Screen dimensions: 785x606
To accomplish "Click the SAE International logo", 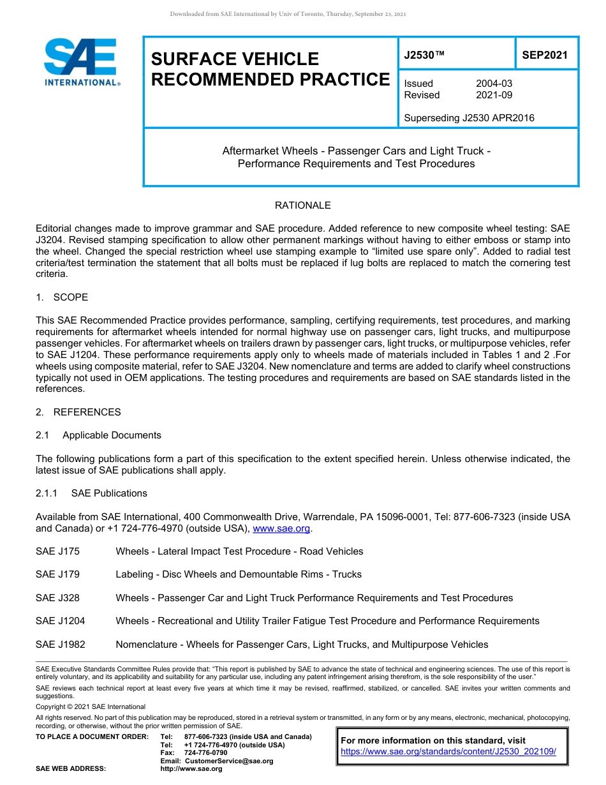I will (81, 62).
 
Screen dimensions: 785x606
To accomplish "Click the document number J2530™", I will (424, 56).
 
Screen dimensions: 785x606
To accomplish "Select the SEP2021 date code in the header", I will (544, 56).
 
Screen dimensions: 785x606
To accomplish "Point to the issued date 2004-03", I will (494, 84).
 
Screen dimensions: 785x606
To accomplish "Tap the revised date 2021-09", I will (494, 95).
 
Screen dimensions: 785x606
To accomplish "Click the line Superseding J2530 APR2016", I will (469, 118).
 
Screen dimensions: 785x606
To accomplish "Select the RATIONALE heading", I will (302, 206).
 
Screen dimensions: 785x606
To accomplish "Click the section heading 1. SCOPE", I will (62, 297).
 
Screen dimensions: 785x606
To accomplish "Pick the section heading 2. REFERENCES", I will (78, 412).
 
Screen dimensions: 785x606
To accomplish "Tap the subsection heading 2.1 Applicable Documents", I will (99, 435).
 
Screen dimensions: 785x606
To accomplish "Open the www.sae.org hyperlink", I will (281, 528).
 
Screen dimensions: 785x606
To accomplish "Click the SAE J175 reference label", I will (57, 551).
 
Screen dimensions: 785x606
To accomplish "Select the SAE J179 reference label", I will (57, 574).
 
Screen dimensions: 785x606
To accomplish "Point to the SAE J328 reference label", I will (57, 598).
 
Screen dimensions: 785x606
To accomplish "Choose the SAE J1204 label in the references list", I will (60, 621).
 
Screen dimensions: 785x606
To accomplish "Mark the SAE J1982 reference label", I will (60, 645).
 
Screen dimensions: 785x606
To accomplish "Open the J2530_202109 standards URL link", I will (448, 752).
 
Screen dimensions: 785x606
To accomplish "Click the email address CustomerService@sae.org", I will (228, 761).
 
